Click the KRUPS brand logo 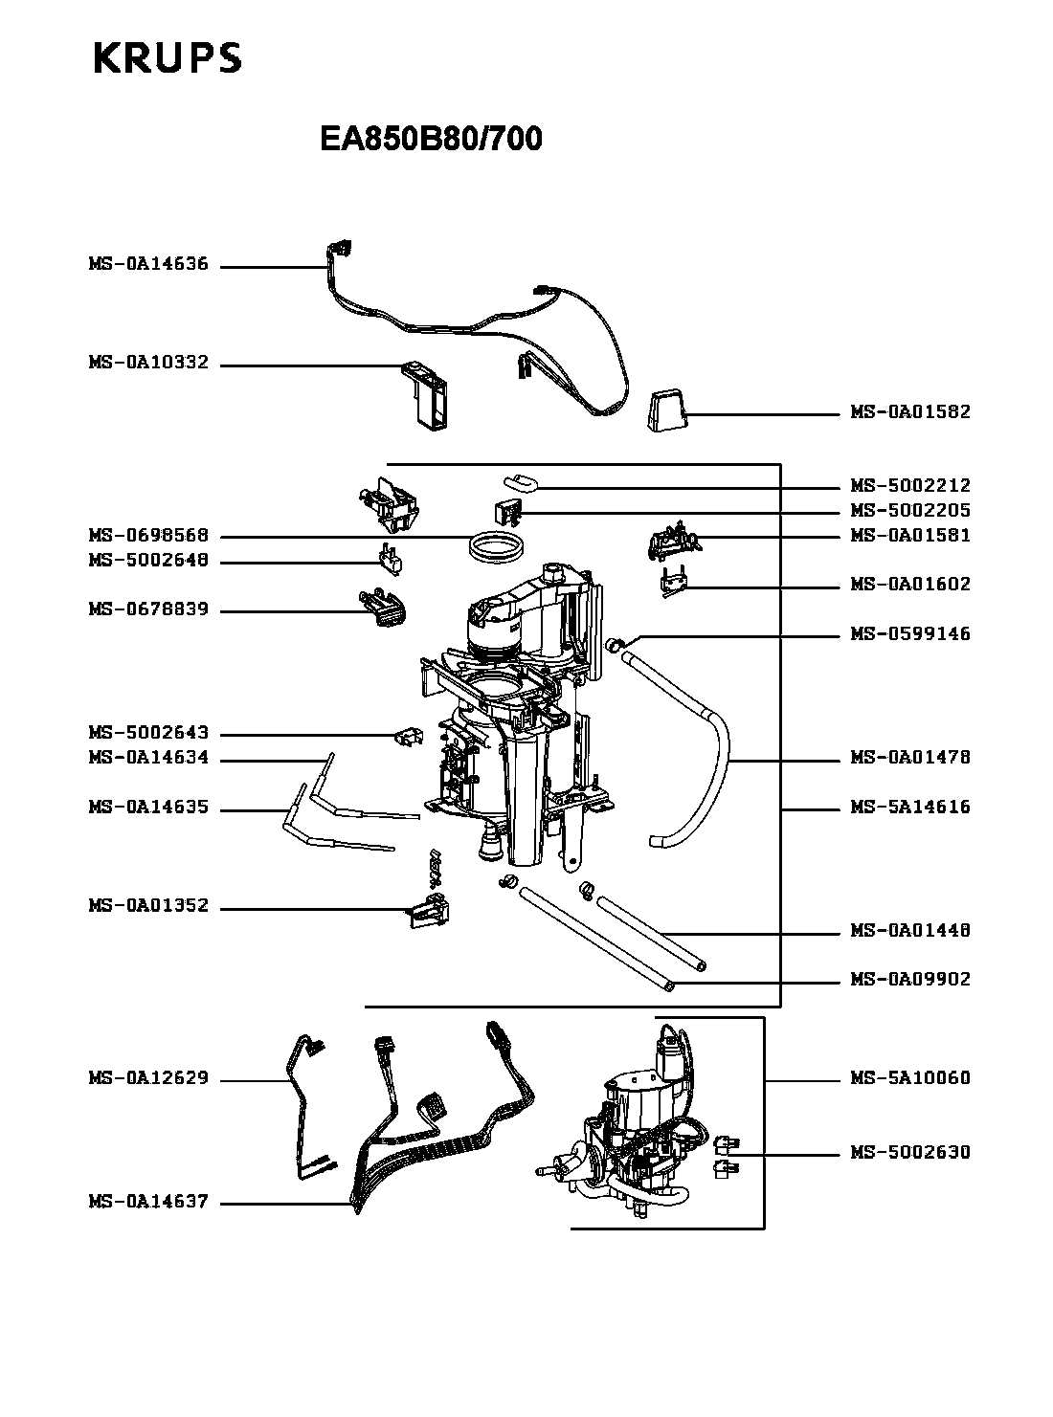168,58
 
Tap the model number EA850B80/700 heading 431,140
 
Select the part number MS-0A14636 148,265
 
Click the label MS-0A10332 148,364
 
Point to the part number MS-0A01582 910,412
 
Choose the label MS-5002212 910,486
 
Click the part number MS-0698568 148,536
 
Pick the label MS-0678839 148,610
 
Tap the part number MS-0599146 910,634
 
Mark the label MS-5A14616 910,808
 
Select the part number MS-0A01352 148,906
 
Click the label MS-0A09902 910,980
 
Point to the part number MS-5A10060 910,1078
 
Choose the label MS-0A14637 148,1203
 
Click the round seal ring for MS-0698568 499,548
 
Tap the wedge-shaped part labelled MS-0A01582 667,411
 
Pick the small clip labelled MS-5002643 409,737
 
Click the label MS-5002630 910,1153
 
